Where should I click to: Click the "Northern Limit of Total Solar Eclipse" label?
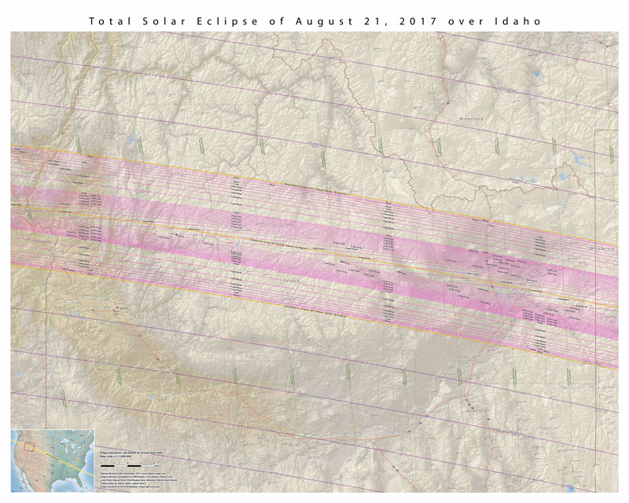point(314,188)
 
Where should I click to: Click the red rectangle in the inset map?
point(29,449)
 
